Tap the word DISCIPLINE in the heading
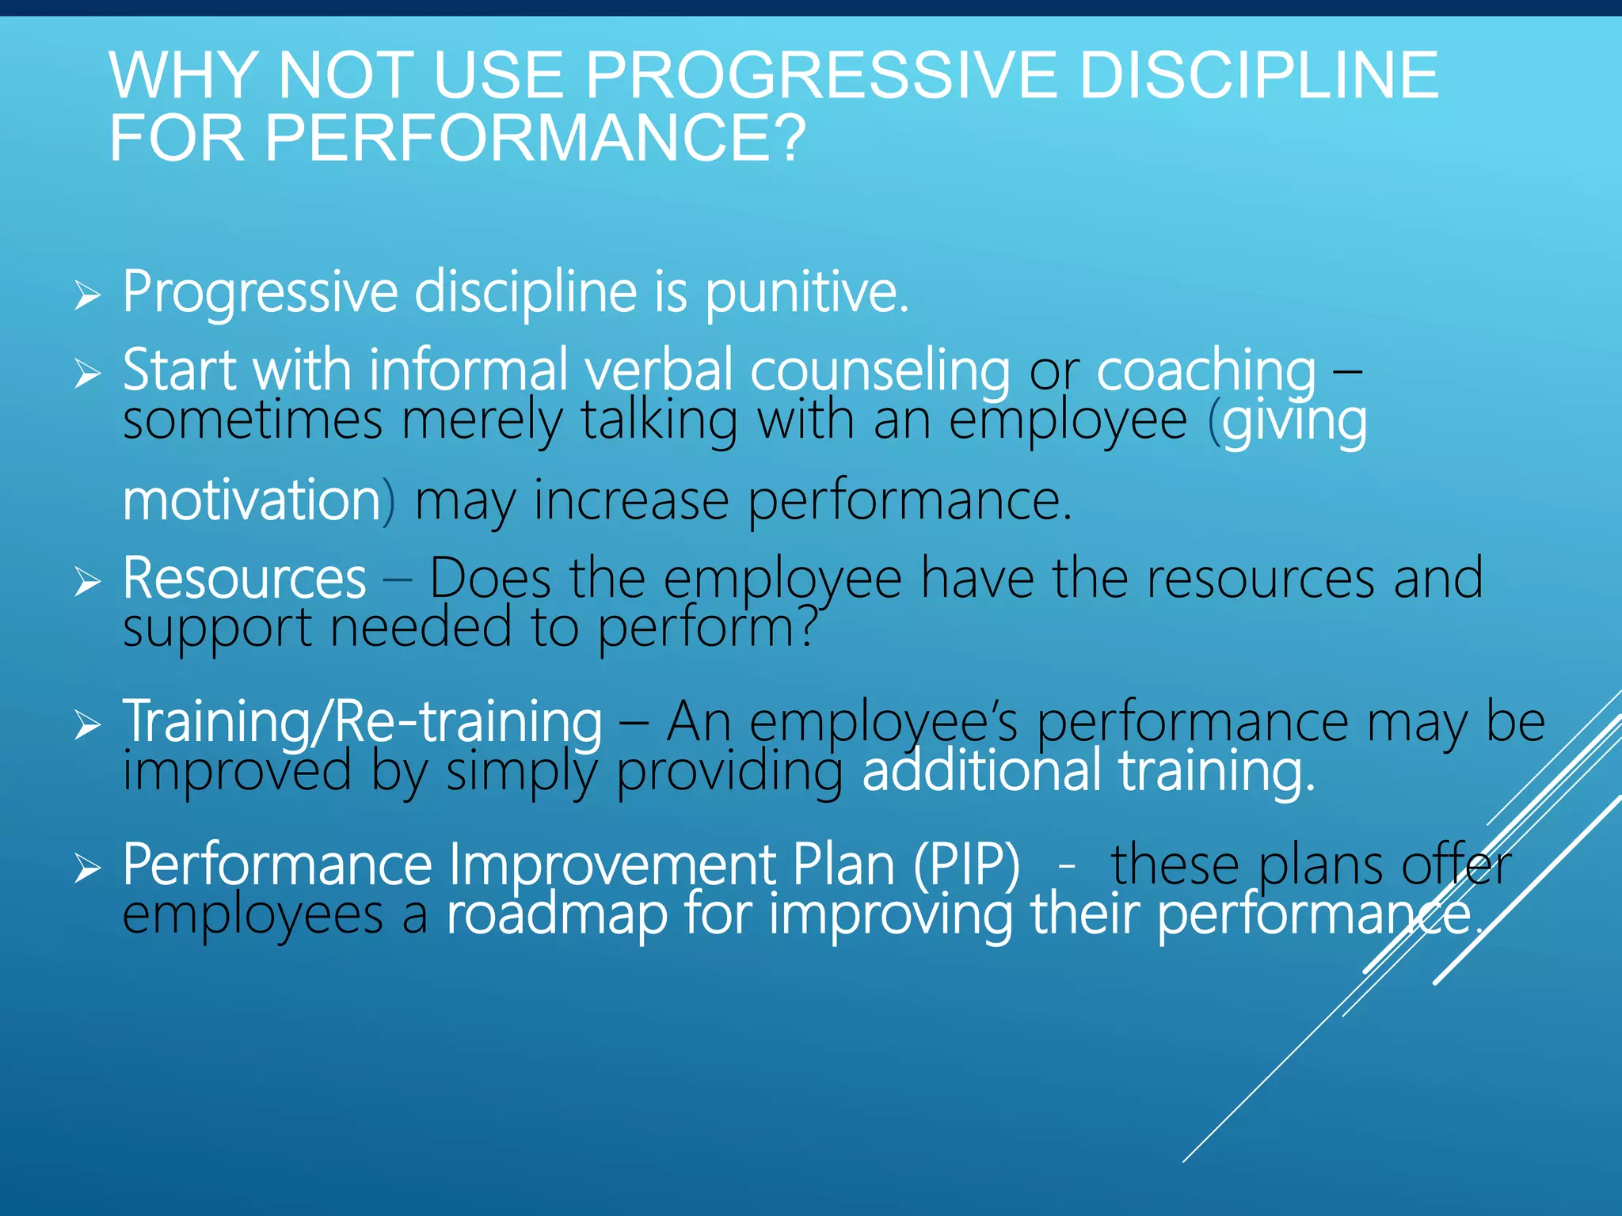pyautogui.click(x=1258, y=75)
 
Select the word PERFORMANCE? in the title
pyautogui.click(x=535, y=139)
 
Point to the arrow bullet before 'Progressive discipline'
pyautogui.click(x=88, y=296)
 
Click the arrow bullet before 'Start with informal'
pyautogui.click(x=88, y=373)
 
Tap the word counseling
pyautogui.click(x=880, y=370)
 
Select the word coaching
pyautogui.click(x=1205, y=370)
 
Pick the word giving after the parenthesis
pyautogui.click(x=1294, y=421)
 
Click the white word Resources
pyautogui.click(x=244, y=579)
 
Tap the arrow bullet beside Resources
pyautogui.click(x=88, y=583)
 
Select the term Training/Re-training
pyautogui.click(x=363, y=722)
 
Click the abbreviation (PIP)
pyautogui.click(x=966, y=864)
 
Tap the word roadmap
pyautogui.click(x=557, y=914)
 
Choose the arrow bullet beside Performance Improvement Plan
pyautogui.click(x=88, y=868)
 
